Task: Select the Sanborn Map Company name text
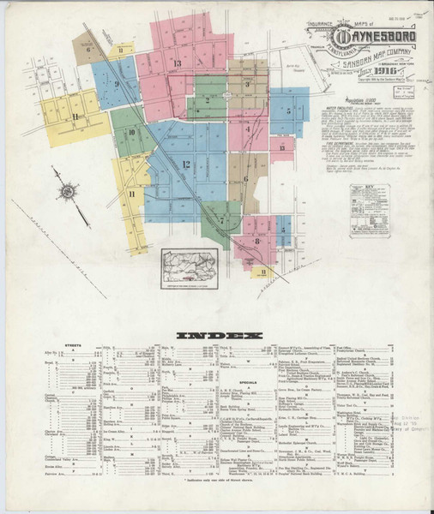click(377, 58)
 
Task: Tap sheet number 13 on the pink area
click(177, 63)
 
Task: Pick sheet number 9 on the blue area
click(115, 83)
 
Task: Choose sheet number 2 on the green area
click(207, 100)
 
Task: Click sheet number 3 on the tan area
click(247, 84)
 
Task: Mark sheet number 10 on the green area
click(131, 133)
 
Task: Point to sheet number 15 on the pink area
click(281, 147)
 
